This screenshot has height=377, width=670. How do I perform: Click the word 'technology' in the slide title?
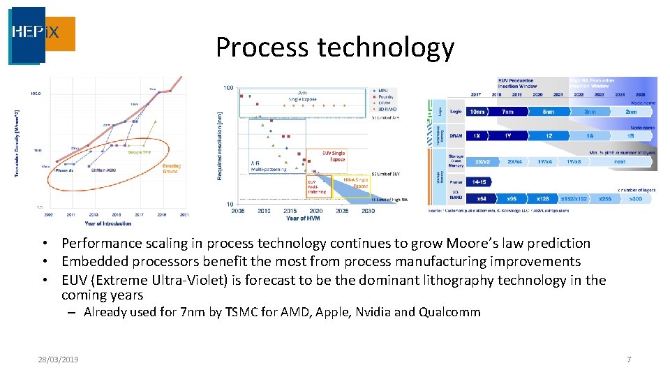point(385,47)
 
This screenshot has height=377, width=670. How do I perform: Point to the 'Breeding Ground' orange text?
point(171,169)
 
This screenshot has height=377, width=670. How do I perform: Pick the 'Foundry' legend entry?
point(385,96)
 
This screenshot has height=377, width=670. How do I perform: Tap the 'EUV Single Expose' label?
point(333,156)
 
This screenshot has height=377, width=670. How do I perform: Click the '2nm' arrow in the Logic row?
point(631,111)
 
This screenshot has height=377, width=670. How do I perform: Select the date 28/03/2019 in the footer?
point(58,360)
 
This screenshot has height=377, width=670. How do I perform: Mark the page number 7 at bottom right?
point(629,360)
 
